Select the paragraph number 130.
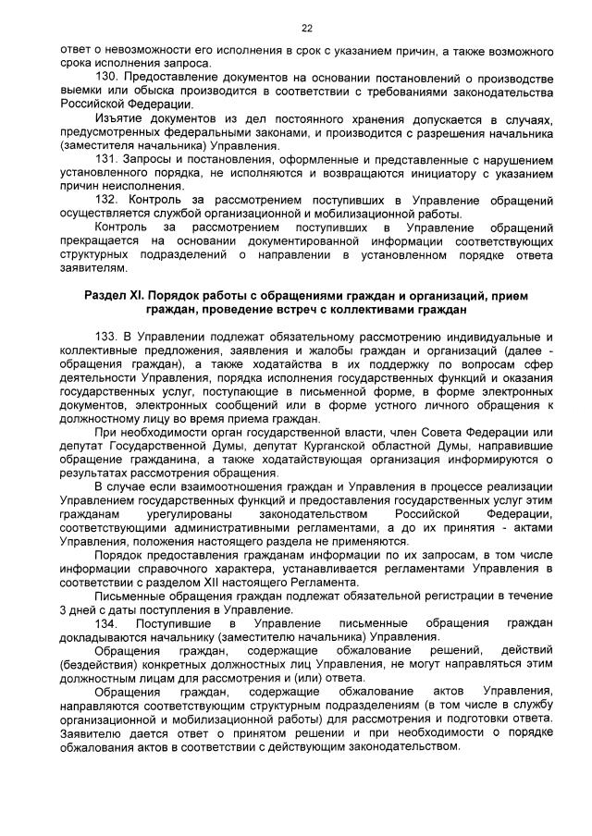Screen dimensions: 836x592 [x=108, y=76]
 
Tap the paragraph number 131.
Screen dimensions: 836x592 [x=108, y=158]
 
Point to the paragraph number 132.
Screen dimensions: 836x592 [x=108, y=199]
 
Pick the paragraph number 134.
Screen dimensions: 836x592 [x=108, y=625]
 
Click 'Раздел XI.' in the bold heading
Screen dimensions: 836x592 [x=116, y=294]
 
